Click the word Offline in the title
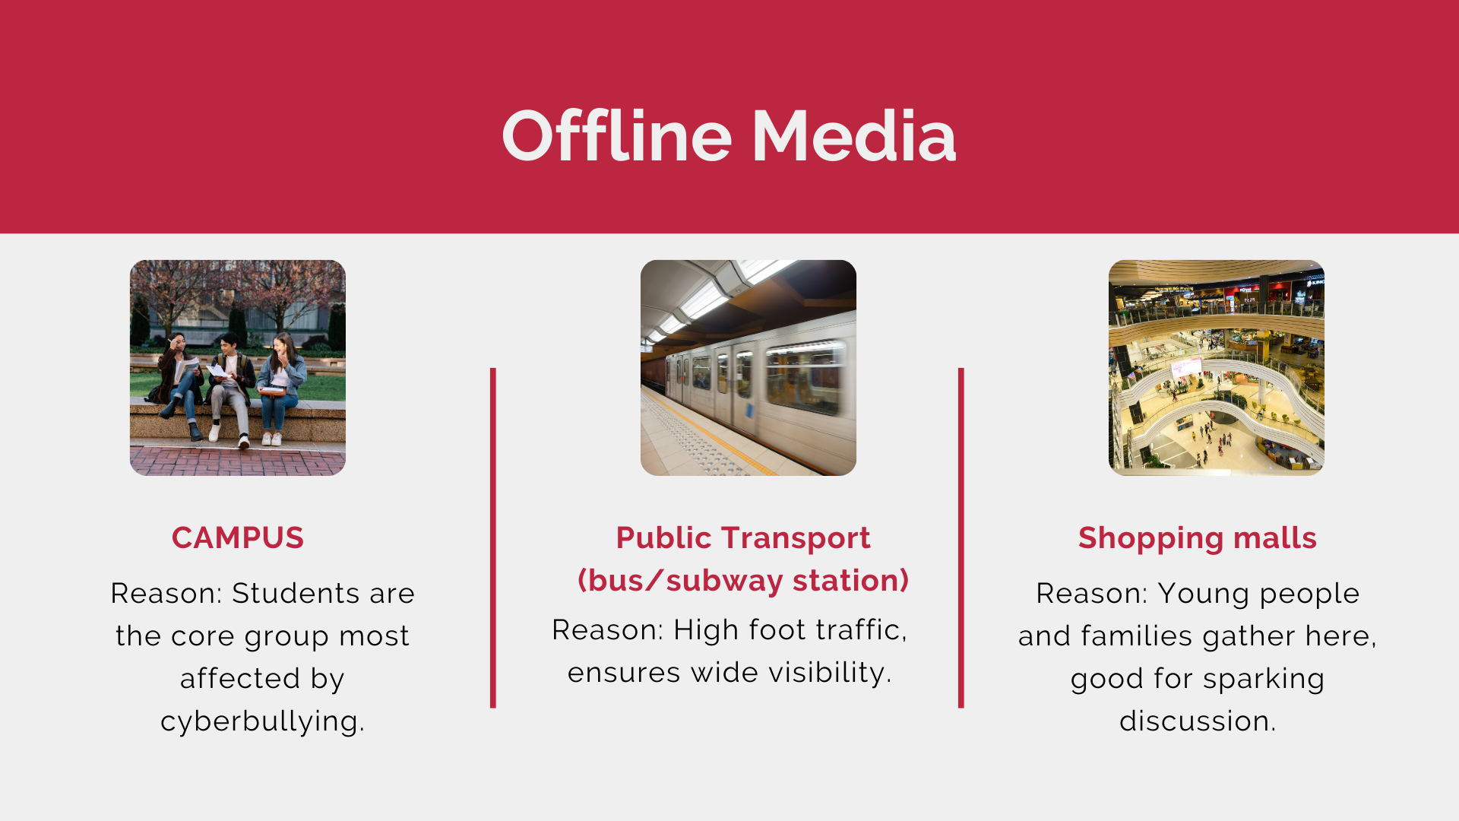click(616, 136)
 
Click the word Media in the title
click(854, 136)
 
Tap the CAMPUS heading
click(238, 537)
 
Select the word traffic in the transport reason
click(862, 629)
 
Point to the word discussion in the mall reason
click(1198, 721)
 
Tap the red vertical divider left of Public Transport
click(493, 538)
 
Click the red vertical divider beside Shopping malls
click(961, 538)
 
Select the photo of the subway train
click(748, 368)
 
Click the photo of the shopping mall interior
click(1217, 368)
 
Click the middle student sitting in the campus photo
click(231, 384)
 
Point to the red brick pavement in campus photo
click(238, 461)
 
